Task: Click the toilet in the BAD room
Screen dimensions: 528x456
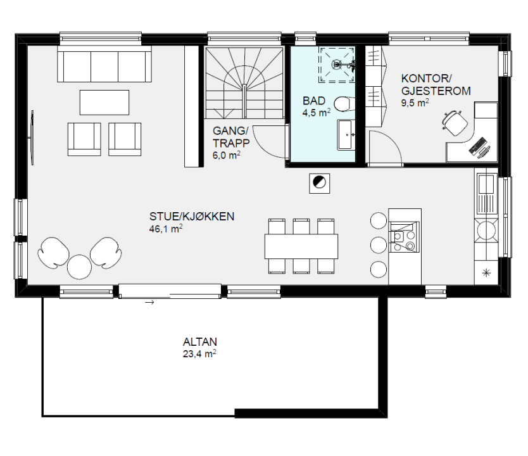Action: coord(344,104)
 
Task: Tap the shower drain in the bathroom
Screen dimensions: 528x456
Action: coord(337,64)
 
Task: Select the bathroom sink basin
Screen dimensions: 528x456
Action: coord(346,135)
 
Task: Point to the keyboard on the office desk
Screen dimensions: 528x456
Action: coord(477,146)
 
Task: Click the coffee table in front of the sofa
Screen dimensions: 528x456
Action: coord(104,103)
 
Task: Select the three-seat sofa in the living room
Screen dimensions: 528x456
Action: coord(104,64)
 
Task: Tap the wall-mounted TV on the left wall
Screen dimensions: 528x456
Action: coord(32,137)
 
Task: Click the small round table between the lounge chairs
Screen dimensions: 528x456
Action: coord(80,267)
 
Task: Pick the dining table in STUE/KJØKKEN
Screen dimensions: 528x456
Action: coord(301,246)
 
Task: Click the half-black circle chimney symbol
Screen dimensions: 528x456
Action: coord(319,182)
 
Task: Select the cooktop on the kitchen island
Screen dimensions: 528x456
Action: coord(404,237)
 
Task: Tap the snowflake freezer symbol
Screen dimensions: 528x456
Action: coord(486,273)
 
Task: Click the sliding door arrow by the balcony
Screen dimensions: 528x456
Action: coord(149,303)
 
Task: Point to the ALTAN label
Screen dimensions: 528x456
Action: coord(200,342)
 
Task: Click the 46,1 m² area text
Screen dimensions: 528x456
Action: coord(166,229)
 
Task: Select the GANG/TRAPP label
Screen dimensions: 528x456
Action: coord(231,137)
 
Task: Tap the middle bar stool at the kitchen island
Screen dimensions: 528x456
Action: coord(379,245)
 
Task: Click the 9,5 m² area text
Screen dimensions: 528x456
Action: coord(415,103)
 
